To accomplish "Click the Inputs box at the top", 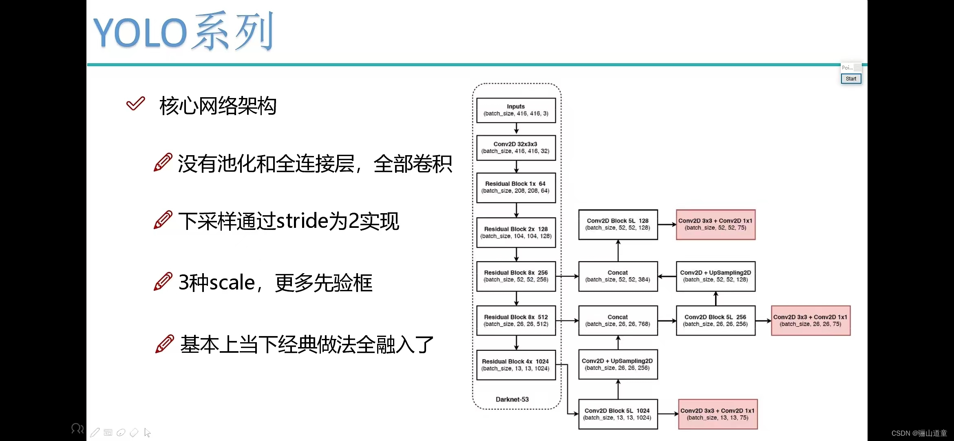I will click(x=516, y=110).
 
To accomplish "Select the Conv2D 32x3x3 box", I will click(x=516, y=147).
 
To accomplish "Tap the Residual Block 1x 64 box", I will click(x=516, y=187).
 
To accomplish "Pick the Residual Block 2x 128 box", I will click(x=516, y=232).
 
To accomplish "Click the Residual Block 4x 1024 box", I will click(x=516, y=365).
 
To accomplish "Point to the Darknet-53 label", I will click(x=512, y=399).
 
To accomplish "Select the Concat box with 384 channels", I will click(x=618, y=276).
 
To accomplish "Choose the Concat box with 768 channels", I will click(x=618, y=321).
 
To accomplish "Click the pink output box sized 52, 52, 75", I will click(x=715, y=224).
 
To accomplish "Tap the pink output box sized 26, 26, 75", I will click(x=810, y=321).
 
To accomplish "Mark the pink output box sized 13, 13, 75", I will click(x=718, y=414).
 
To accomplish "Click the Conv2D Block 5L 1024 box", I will click(x=618, y=414).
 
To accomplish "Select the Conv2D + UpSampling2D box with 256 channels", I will click(x=618, y=364).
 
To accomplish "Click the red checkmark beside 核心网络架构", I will click(x=136, y=104).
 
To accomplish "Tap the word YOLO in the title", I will click(x=140, y=33).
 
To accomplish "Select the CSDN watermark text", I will click(x=919, y=433).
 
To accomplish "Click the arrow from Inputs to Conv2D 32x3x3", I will click(x=516, y=129).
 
